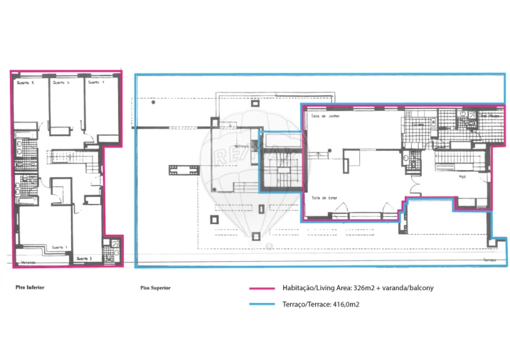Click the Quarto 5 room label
[26, 83]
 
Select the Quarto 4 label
[62, 83]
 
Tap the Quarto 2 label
[85, 258]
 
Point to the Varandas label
[28, 263]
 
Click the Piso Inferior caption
[31, 287]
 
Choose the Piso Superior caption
[155, 288]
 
